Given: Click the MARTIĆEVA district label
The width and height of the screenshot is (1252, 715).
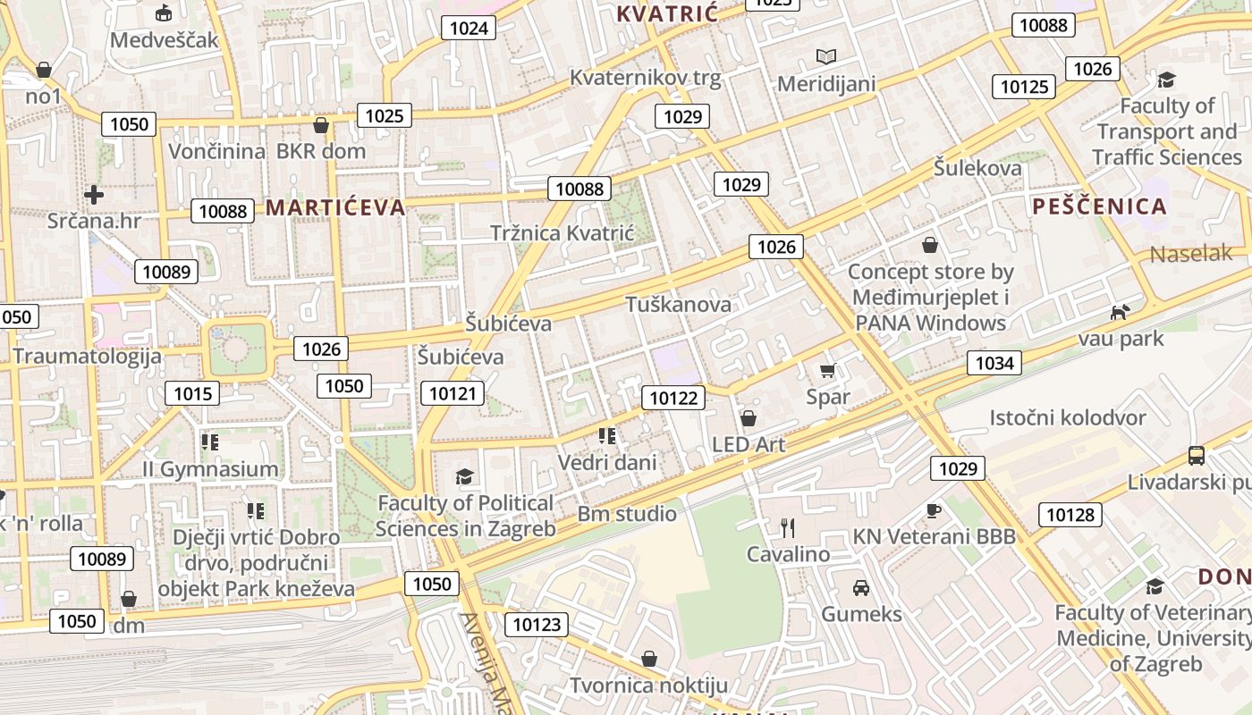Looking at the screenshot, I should click(335, 208).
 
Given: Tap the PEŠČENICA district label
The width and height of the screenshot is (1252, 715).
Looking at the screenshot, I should click(1099, 206).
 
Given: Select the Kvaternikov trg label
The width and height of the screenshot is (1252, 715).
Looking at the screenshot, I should click(645, 78).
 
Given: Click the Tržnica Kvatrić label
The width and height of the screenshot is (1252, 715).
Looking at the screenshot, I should click(562, 233).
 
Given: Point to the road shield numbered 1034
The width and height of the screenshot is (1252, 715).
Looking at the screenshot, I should click(994, 362).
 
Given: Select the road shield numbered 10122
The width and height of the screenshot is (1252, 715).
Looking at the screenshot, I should click(673, 398).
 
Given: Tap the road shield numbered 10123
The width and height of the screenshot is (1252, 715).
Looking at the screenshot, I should click(537, 624).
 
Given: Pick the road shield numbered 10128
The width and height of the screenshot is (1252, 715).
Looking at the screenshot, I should click(1070, 514).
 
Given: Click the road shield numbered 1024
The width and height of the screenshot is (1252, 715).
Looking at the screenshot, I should click(469, 28).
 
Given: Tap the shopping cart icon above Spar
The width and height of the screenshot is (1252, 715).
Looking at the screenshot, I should click(827, 370).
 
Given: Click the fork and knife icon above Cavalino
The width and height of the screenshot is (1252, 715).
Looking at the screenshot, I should click(788, 528).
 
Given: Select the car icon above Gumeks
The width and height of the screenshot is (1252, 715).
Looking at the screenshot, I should click(861, 588).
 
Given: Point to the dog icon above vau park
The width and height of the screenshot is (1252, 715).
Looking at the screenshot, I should click(1120, 312).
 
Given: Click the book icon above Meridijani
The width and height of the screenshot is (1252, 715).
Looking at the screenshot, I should click(826, 57).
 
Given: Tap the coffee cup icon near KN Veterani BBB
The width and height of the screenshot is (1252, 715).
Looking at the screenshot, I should click(933, 510).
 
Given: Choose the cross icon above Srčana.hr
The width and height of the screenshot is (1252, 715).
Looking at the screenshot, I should click(94, 194).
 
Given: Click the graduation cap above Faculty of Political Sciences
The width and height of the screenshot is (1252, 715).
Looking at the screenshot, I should click(463, 476).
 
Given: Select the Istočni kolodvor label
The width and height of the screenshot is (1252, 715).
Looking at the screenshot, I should click(1067, 417).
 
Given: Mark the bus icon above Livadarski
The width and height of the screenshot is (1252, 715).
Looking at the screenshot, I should click(1197, 456).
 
